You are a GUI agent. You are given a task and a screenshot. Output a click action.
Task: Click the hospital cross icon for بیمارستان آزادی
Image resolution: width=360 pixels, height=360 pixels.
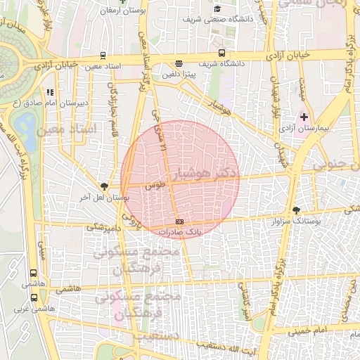click(304, 116)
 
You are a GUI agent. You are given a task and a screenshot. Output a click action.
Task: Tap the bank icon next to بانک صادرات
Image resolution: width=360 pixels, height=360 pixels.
click(179, 221)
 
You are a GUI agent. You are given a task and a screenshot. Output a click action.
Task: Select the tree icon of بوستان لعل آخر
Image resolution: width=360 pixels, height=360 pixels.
click(105, 186)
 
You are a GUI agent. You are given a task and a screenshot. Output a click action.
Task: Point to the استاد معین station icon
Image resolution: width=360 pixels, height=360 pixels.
click(103, 55)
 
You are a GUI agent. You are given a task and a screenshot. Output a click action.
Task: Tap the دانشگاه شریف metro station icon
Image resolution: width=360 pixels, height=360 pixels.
click(222, 53)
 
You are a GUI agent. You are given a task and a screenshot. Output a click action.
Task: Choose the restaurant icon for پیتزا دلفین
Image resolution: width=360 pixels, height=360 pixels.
click(179, 62)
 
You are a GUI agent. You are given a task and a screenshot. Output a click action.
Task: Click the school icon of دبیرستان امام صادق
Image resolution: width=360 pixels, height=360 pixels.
click(49, 91)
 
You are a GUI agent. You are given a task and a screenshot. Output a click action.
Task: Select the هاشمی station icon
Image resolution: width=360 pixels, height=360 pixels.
click(33, 274)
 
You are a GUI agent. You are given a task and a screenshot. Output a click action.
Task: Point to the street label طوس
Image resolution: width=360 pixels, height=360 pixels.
click(154, 186)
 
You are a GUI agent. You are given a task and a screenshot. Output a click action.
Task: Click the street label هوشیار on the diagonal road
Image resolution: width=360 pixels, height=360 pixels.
click(218, 106)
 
